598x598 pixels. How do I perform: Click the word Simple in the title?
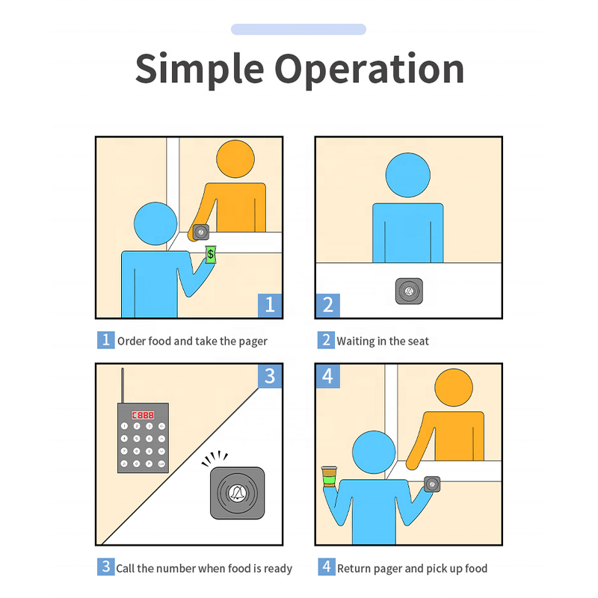point(198,69)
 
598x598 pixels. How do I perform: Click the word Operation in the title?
point(369,69)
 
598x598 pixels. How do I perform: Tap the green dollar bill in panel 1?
point(211,255)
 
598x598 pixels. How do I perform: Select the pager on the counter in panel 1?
point(201,232)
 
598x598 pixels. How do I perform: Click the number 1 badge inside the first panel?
point(270,304)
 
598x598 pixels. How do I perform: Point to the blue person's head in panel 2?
point(407,175)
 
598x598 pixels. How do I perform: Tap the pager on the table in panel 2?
point(409,291)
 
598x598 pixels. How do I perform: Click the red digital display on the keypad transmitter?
point(143,414)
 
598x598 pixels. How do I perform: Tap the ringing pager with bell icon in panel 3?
point(237,493)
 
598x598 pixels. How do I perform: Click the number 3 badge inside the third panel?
point(270,377)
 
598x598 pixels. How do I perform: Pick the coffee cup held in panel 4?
point(328,476)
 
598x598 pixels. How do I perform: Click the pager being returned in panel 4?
point(431,484)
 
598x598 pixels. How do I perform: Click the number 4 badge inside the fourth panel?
point(327,376)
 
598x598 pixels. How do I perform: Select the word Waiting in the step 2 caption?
point(355,341)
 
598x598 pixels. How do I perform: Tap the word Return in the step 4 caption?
point(354,568)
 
